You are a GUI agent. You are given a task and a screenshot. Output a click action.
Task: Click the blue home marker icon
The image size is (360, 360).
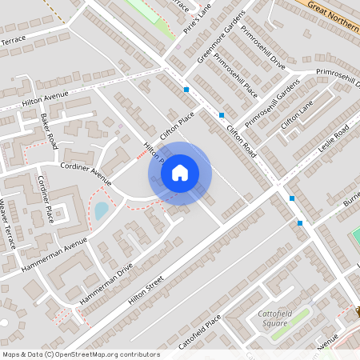pyautogui.click(x=180, y=173)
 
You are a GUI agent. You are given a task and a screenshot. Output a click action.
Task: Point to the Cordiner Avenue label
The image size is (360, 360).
pyautogui.click(x=86, y=170)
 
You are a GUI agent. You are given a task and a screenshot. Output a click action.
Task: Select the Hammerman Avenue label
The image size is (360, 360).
pyautogui.click(x=54, y=254)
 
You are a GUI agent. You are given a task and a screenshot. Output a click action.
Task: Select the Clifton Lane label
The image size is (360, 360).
pyautogui.click(x=297, y=117)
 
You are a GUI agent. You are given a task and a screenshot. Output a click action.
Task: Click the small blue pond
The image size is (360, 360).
pyautogui.click(x=102, y=211)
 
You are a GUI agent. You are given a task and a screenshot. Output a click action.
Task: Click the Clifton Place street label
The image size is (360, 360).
pyautogui.click(x=177, y=127)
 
